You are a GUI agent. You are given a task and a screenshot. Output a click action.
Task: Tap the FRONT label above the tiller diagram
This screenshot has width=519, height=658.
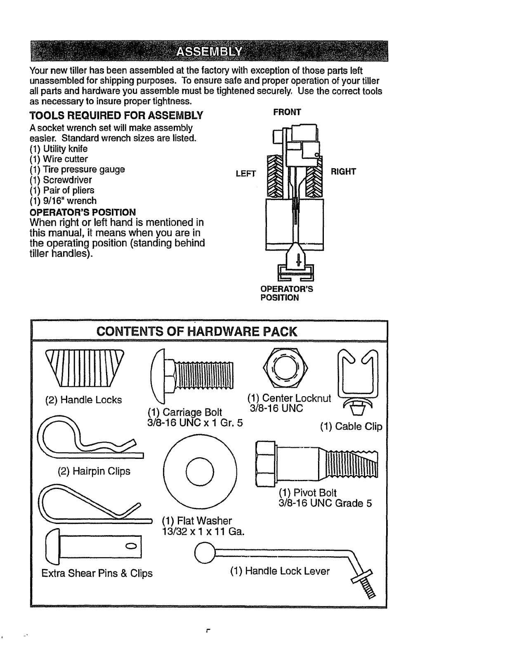pos(287,112)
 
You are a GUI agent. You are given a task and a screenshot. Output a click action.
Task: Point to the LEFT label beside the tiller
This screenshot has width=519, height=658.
pos(245,174)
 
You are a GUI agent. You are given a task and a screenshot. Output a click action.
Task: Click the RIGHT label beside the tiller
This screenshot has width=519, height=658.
pos(343,172)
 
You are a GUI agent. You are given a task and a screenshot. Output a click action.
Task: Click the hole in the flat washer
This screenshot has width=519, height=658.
pos(201,470)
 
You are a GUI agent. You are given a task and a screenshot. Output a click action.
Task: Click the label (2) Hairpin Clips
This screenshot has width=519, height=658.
pos(94,471)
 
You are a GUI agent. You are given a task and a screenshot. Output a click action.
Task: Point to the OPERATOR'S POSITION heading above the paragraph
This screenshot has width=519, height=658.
pos(83,212)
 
